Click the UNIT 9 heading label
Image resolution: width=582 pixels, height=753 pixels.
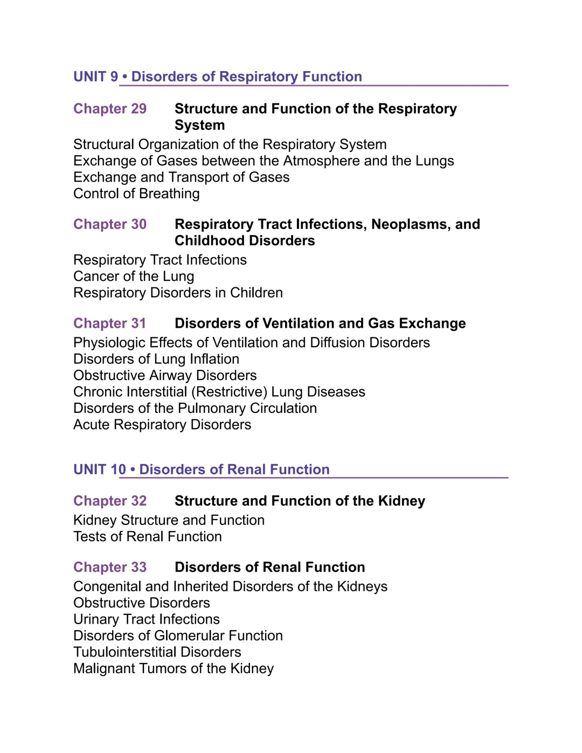95,77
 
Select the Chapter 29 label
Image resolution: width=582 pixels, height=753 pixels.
110,109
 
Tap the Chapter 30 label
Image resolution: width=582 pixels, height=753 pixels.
110,224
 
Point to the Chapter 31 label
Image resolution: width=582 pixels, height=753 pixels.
110,323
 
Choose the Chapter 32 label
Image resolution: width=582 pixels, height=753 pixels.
110,501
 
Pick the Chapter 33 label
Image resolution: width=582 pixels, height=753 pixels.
110,567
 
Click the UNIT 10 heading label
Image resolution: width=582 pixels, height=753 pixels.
99,469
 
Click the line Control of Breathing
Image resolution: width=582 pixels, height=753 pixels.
136,194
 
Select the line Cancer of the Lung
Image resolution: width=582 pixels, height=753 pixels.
134,277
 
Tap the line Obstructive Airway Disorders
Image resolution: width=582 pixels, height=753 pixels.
165,375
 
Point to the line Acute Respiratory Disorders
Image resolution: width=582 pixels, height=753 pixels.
162,425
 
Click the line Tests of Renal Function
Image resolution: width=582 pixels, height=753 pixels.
148,536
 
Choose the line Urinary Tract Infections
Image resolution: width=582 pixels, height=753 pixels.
147,619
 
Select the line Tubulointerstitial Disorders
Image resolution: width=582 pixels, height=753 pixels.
157,652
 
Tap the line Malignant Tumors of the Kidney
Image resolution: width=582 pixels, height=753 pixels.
174,668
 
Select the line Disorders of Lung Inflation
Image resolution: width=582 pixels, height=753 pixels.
156,359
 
